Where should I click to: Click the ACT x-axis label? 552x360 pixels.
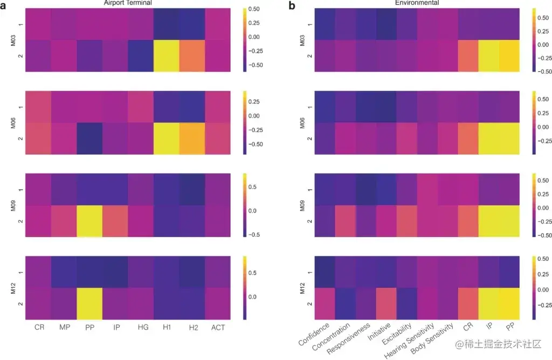pyautogui.click(x=219, y=328)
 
